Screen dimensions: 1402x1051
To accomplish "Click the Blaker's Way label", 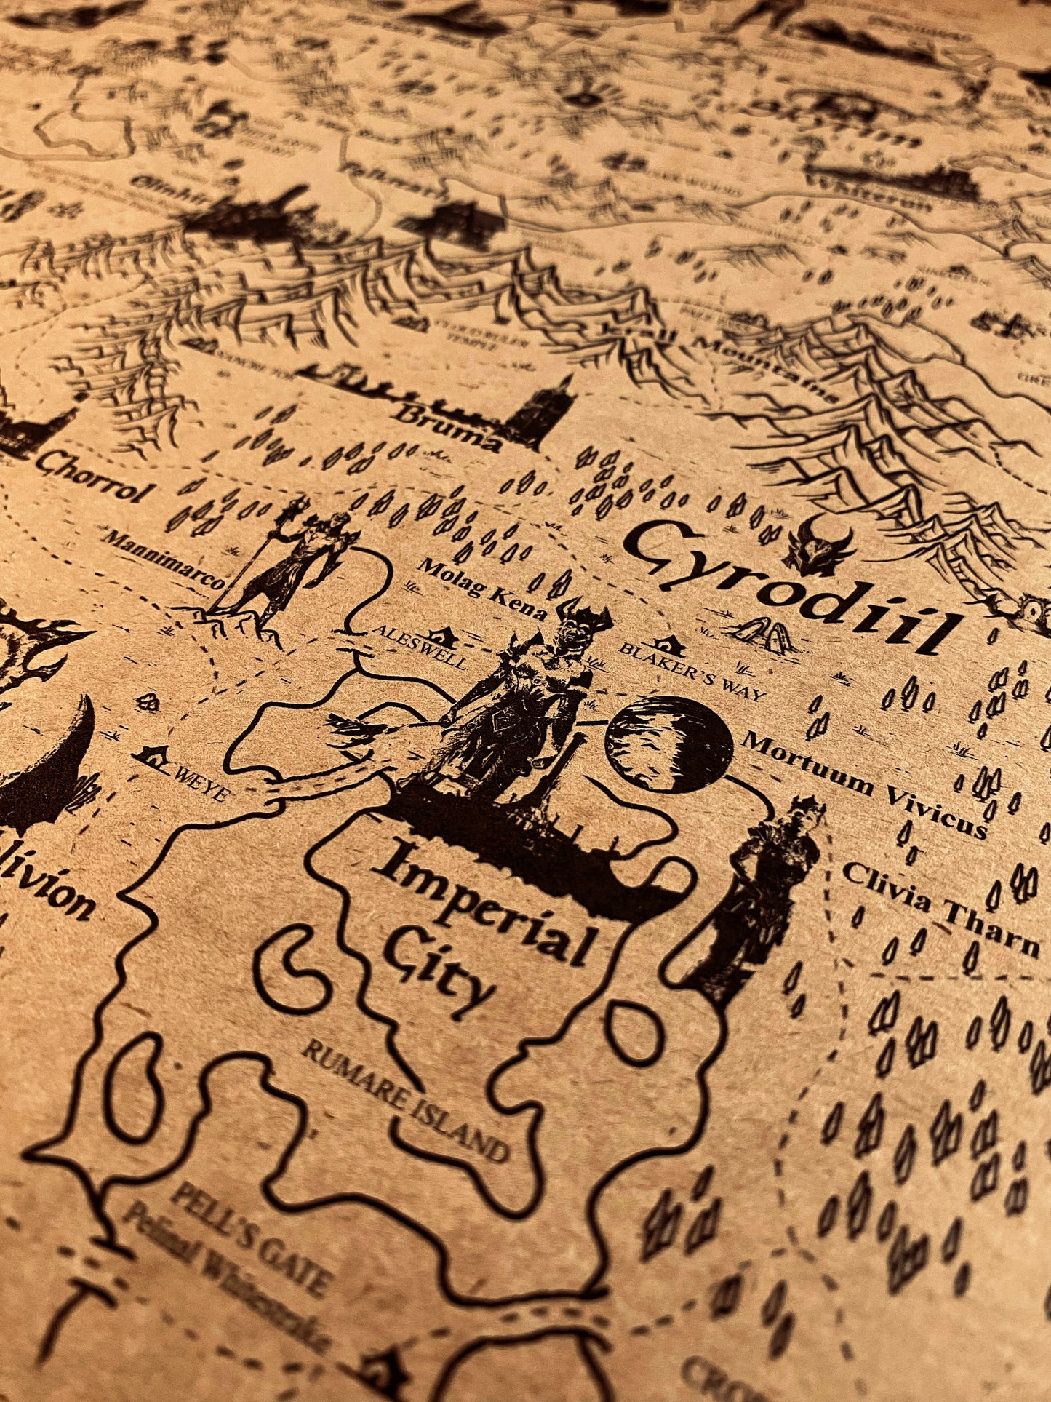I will click(x=692, y=669).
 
